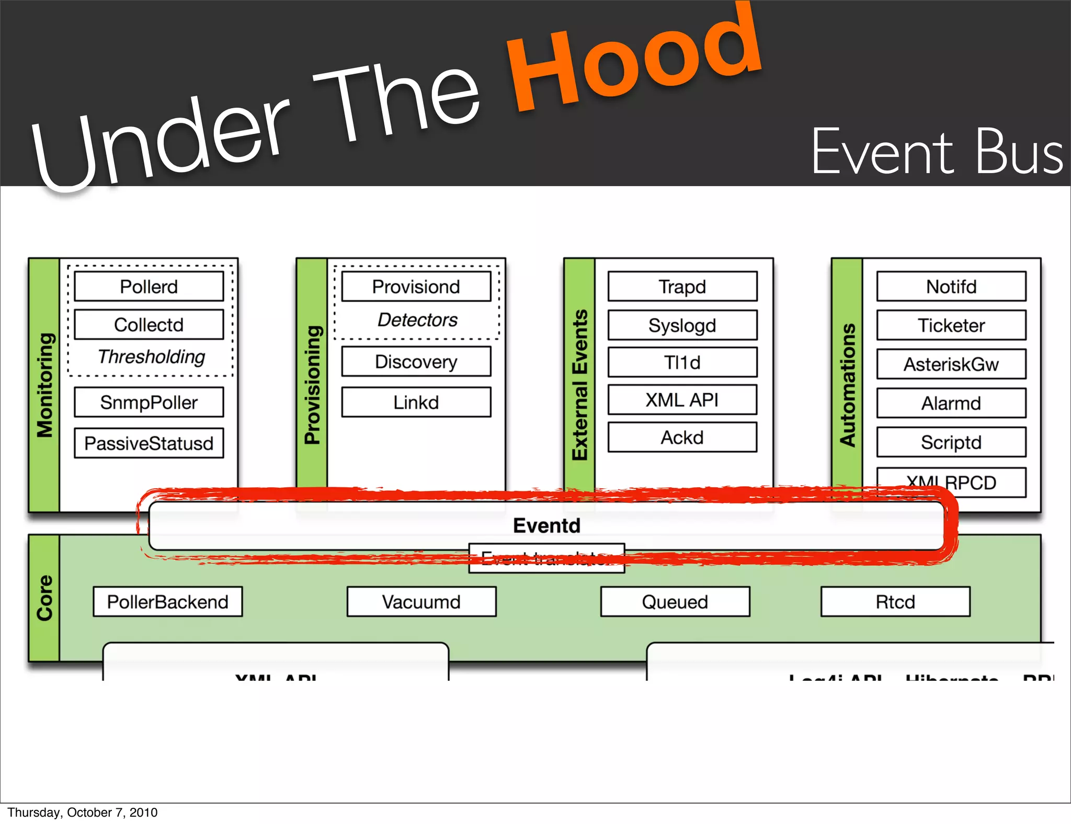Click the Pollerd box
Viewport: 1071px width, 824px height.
[149, 287]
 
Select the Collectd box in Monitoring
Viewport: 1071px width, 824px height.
[149, 325]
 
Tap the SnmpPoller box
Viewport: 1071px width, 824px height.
[149, 402]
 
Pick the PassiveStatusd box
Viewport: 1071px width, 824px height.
[149, 443]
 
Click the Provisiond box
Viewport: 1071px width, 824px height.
[416, 287]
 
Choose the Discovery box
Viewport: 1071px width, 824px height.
[416, 362]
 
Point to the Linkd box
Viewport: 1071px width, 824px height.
[416, 402]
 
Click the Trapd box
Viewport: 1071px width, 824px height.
[682, 287]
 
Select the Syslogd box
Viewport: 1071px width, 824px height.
[682, 325]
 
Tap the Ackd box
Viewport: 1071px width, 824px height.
[682, 437]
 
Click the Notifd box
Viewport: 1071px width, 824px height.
[951, 287]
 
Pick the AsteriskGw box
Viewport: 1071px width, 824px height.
[951, 364]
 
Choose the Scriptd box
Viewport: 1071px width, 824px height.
[951, 442]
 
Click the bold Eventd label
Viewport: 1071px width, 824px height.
[546, 525]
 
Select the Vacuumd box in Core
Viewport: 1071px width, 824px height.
[421, 602]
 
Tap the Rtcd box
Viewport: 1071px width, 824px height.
[895, 602]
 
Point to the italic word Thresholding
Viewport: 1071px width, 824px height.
[151, 357]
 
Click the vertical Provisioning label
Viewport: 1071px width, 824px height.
[312, 385]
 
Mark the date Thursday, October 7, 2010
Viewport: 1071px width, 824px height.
[83, 812]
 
